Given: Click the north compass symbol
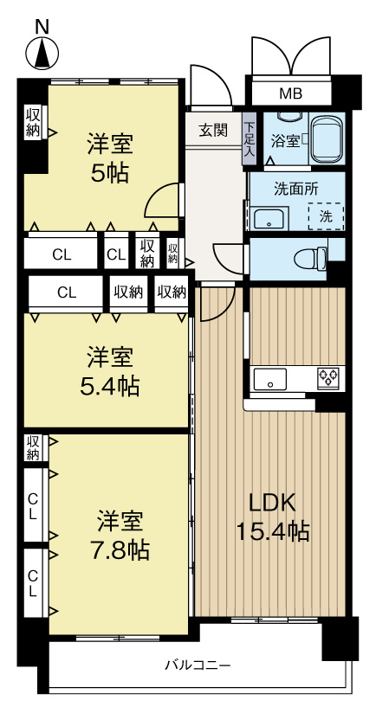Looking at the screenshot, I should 42,54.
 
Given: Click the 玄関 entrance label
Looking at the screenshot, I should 213,131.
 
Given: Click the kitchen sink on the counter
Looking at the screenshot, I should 269,378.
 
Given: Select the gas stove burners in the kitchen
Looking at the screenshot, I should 329,377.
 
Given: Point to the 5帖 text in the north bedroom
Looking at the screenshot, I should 111,172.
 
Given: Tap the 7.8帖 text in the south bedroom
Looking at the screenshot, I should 120,549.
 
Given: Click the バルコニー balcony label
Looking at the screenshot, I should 198,665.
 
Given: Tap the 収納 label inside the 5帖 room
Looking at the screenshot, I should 34,121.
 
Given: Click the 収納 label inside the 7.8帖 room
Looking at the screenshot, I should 33,447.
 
